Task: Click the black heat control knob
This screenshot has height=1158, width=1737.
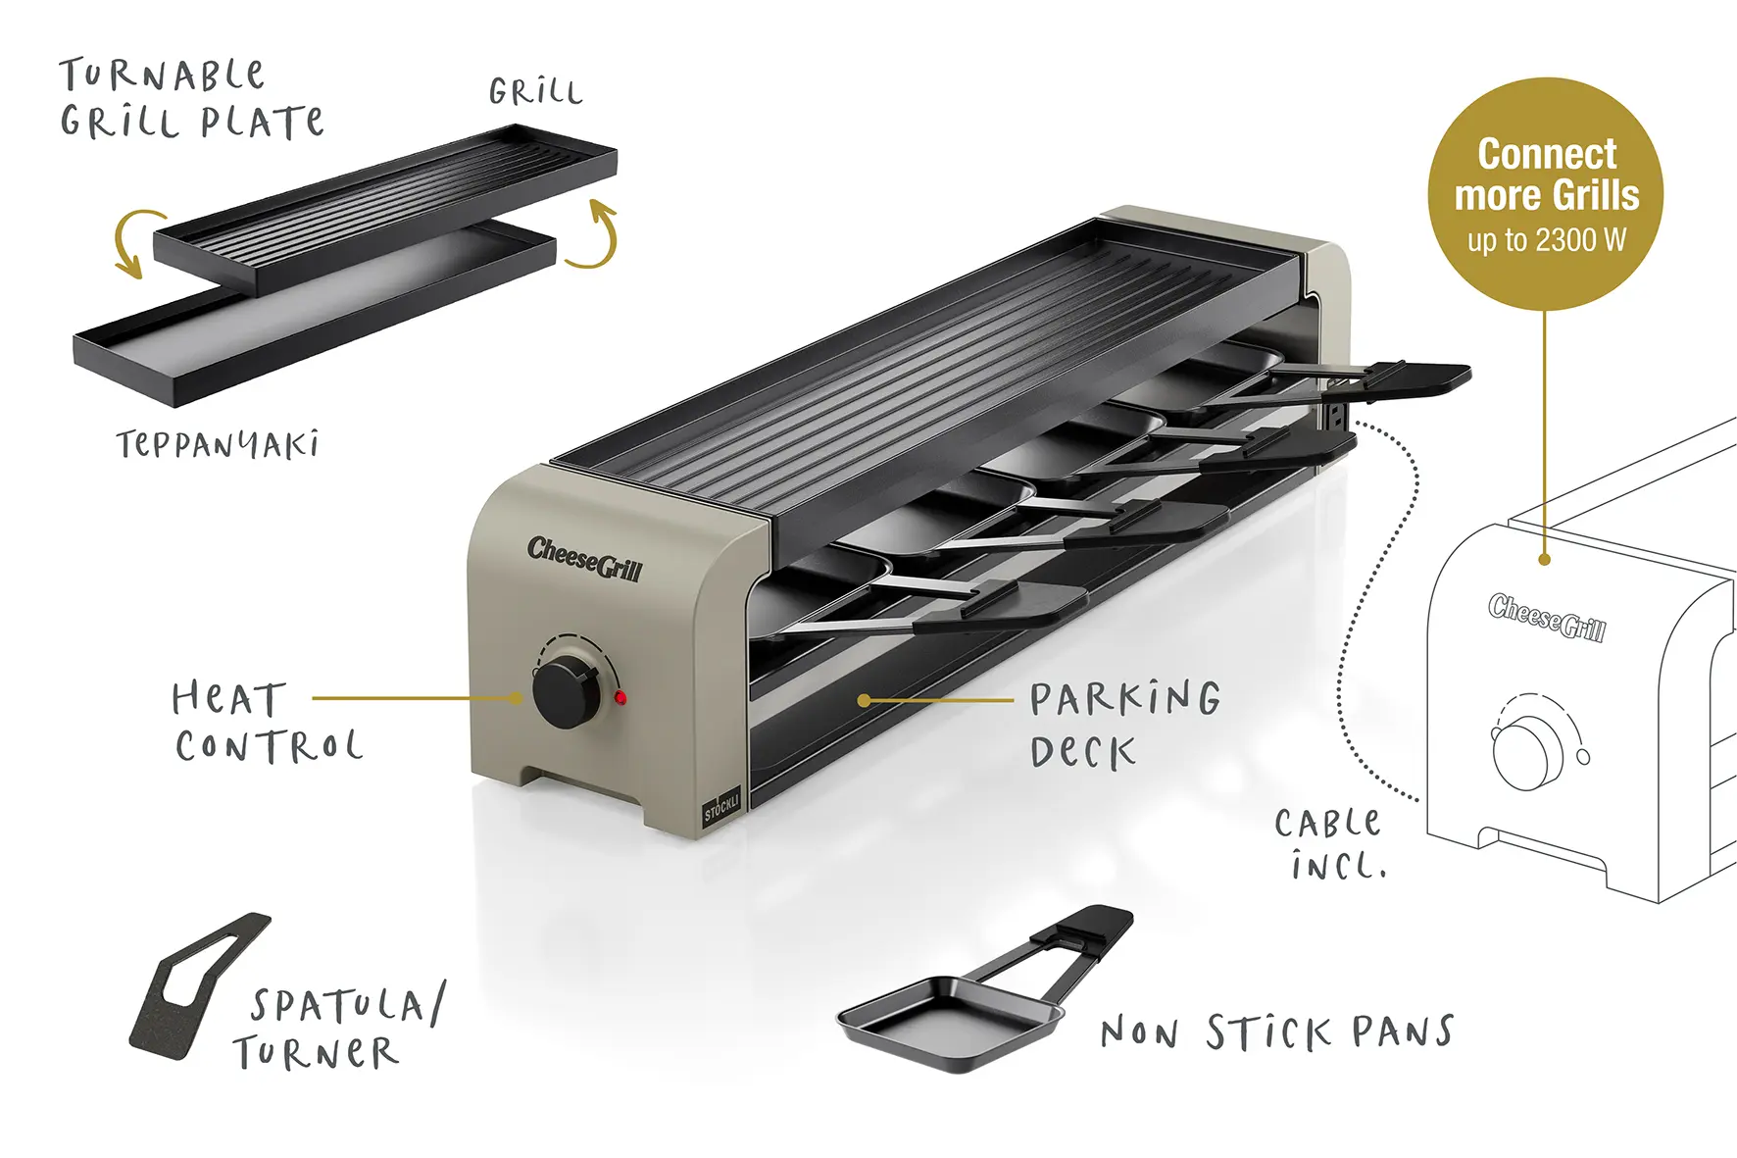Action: tap(566, 692)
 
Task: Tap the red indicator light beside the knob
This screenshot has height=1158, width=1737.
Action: tap(620, 698)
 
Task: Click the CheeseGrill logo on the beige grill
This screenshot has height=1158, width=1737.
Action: tap(584, 559)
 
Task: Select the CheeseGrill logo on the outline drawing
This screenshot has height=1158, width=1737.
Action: tap(1547, 618)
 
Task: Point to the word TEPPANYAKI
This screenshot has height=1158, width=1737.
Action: tap(218, 445)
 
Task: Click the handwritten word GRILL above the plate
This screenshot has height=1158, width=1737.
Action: tap(535, 92)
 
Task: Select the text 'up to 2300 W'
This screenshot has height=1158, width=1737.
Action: tap(1546, 239)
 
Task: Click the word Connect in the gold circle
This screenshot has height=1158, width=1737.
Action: tap(1547, 154)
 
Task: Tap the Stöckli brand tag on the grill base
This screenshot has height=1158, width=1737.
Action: tap(721, 804)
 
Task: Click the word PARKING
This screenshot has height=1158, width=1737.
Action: tap(1125, 699)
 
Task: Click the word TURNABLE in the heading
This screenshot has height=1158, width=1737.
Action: tap(162, 76)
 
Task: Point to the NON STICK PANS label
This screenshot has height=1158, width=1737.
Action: tap(1277, 1032)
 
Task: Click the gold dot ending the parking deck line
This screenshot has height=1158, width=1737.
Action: tap(864, 700)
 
